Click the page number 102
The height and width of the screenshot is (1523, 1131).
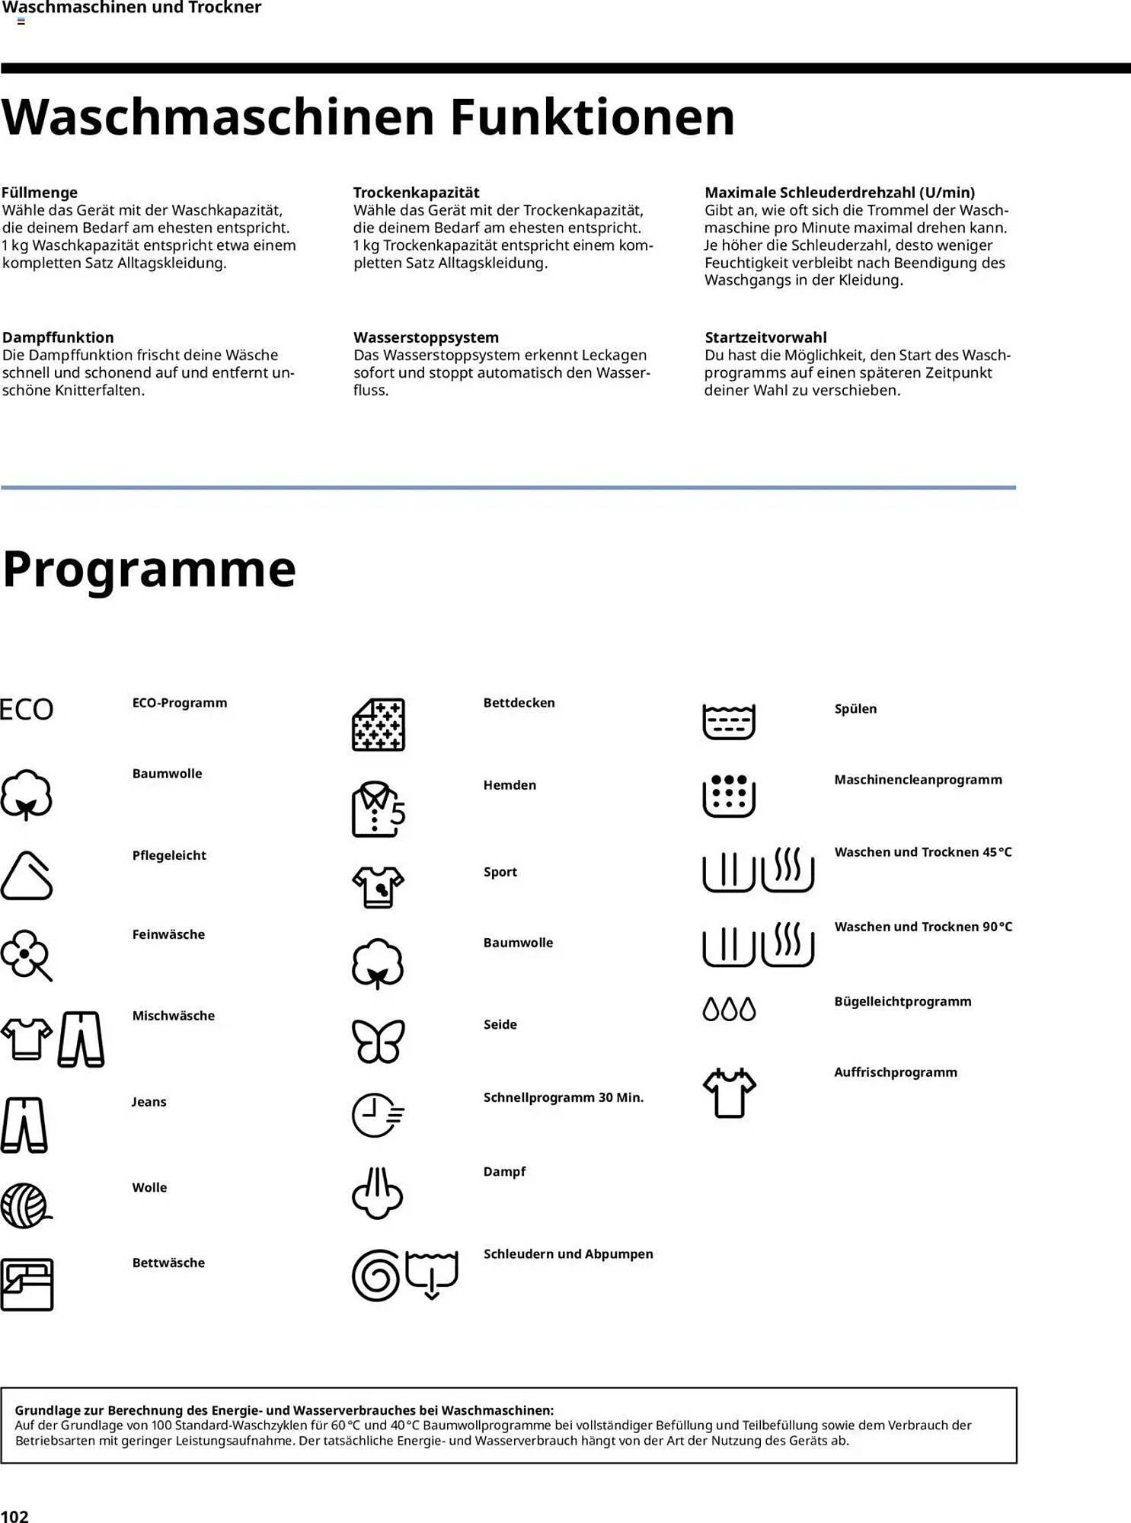click(14, 1515)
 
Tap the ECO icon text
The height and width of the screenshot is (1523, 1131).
click(27, 710)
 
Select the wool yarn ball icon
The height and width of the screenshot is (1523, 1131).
click(25, 1205)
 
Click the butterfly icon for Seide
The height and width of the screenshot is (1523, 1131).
click(378, 1040)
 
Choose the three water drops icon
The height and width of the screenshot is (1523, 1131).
click(729, 1009)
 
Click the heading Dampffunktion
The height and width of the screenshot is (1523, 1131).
click(58, 337)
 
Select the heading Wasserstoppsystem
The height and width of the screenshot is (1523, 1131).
click(426, 337)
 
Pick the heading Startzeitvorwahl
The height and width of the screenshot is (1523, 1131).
click(765, 337)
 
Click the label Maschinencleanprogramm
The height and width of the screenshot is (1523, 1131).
click(918, 780)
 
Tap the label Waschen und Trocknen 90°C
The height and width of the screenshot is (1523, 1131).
click(923, 927)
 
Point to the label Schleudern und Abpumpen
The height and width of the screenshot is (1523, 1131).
click(568, 1254)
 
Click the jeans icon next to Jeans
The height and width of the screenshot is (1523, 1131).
click(24, 1125)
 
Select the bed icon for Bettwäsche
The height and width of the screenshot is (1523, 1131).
click(27, 1284)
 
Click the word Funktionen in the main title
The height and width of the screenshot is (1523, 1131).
click(592, 117)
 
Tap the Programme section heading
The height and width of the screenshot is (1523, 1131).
click(149, 569)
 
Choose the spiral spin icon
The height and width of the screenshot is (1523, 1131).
click(375, 1276)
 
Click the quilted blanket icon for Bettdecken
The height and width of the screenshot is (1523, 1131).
click(378, 724)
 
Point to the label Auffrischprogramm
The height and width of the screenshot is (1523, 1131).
click(896, 1072)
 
